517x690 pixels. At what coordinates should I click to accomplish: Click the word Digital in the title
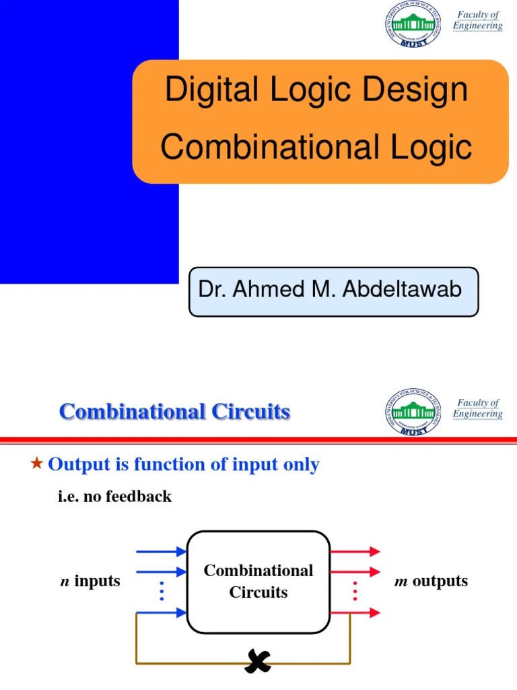(199, 90)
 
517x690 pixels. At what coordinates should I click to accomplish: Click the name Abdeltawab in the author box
(403, 290)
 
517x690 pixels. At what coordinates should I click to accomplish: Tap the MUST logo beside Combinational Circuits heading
(413, 412)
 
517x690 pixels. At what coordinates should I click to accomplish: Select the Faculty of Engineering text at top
(477, 20)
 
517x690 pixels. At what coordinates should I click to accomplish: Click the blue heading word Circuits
(251, 412)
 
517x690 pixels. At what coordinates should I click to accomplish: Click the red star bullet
(37, 463)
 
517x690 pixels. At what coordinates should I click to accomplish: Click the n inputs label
(90, 581)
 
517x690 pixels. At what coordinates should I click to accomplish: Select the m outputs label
(431, 581)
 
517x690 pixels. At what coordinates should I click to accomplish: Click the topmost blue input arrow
(161, 552)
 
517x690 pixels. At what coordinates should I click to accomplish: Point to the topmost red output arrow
(355, 552)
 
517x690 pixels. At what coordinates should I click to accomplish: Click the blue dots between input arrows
(162, 592)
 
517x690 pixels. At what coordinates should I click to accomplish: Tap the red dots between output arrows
(354, 592)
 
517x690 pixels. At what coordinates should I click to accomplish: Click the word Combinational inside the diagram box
(258, 571)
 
